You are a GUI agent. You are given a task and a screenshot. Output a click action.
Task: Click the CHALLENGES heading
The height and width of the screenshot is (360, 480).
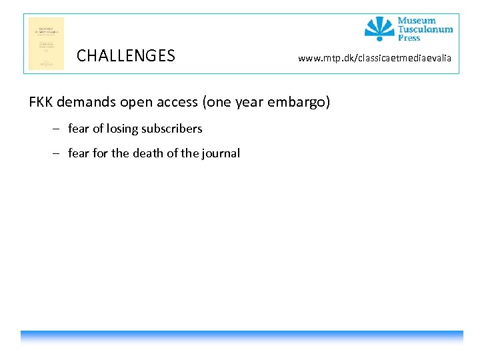tap(125, 56)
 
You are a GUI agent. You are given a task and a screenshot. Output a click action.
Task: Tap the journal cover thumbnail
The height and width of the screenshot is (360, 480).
tap(46, 43)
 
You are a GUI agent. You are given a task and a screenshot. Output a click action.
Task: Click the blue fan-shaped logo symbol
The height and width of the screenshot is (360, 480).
tap(379, 29)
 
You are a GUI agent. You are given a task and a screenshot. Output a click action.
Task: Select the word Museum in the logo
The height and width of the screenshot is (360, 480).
tap(417, 21)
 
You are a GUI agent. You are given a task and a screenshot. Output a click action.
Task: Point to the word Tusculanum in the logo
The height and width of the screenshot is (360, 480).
tap(425, 29)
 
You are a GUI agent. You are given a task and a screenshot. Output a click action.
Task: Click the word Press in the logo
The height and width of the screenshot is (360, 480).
tap(409, 38)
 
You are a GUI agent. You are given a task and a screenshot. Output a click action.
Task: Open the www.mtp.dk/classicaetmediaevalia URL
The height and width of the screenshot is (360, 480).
tap(374, 59)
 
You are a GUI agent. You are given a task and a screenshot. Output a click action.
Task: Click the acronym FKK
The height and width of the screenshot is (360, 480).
tap(41, 102)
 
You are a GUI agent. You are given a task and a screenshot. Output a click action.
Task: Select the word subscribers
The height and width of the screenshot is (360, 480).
tap(171, 129)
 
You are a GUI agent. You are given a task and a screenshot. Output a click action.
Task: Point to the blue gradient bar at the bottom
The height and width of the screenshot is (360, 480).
tap(241, 337)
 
